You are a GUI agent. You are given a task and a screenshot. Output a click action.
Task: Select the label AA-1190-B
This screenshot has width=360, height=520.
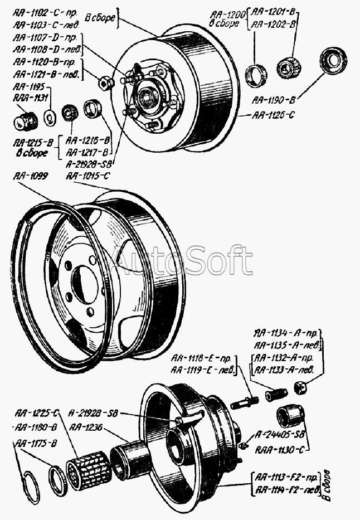274,100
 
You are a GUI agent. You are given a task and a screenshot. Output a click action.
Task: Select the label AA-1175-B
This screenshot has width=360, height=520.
38,444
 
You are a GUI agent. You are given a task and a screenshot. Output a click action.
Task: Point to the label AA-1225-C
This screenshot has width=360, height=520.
37,413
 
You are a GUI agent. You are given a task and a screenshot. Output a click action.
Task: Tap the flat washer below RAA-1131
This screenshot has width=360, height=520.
48,115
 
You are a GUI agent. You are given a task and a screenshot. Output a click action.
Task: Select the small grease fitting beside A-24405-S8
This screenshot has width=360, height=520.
243,444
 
